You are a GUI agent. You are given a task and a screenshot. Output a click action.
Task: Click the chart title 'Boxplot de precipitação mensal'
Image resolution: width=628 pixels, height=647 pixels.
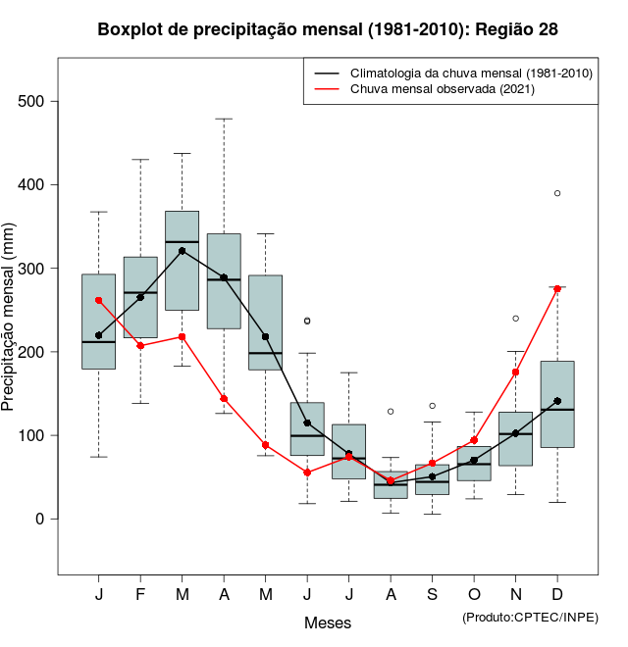pos(328,29)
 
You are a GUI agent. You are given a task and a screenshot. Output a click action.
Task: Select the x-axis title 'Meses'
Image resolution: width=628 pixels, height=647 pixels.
pos(328,622)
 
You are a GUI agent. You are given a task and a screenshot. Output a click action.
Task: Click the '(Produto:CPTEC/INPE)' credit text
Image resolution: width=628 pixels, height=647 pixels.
pos(530,617)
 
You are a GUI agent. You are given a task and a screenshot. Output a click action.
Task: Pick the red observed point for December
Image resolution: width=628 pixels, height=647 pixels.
pos(557,288)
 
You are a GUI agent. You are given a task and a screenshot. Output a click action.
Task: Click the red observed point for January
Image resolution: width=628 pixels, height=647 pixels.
pos(98,300)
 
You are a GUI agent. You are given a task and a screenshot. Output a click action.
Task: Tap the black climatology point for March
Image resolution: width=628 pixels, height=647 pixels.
pos(183,251)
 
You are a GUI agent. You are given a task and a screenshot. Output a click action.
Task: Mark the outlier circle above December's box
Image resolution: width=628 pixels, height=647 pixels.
pos(557,193)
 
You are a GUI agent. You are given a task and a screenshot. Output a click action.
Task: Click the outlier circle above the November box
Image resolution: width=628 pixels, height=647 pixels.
pos(515,319)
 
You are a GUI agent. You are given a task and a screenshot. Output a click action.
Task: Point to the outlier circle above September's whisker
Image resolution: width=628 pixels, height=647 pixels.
pos(432,406)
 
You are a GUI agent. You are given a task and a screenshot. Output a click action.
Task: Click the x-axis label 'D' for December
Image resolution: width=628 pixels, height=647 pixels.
pos(557,596)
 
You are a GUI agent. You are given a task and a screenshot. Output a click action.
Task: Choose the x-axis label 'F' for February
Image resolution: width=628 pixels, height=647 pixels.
pos(140,596)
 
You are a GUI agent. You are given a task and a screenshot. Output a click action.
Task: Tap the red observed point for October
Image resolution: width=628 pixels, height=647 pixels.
pos(474,440)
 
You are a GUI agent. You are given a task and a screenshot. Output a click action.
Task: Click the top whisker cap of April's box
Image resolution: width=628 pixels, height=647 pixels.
pos(224,119)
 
